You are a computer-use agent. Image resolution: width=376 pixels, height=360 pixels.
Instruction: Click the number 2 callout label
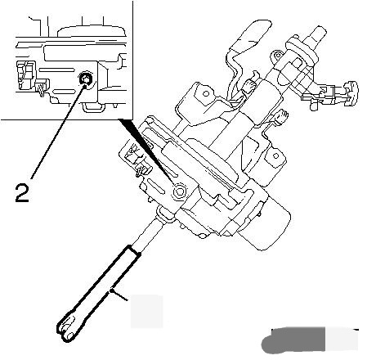click(22, 193)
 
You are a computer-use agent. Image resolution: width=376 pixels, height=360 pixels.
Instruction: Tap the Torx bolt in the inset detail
click(85, 79)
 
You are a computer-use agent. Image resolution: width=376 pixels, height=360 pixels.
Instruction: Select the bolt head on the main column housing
click(179, 192)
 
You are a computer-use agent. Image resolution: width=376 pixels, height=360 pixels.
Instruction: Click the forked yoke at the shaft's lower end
click(66, 329)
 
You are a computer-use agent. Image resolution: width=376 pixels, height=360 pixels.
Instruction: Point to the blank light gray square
click(146, 312)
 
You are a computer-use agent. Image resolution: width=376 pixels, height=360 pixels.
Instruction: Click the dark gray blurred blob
click(293, 340)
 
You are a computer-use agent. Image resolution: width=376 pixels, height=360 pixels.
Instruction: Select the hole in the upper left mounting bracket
click(206, 94)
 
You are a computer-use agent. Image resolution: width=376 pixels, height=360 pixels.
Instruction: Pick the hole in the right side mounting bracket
click(275, 156)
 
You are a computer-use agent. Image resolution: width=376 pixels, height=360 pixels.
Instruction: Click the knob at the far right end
click(351, 93)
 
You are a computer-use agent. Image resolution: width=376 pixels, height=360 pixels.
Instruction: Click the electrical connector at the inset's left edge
click(27, 75)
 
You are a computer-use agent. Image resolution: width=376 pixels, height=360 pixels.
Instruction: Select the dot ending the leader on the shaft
click(111, 291)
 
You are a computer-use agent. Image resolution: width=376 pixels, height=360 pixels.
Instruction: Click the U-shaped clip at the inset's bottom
click(93, 107)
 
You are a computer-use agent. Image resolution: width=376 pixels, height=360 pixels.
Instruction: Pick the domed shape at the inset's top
click(92, 30)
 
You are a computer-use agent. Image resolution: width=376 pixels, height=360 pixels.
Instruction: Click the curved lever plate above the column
click(247, 43)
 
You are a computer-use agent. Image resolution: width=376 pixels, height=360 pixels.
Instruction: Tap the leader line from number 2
click(57, 132)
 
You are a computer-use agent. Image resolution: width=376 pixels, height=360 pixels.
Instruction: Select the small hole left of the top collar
click(278, 56)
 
